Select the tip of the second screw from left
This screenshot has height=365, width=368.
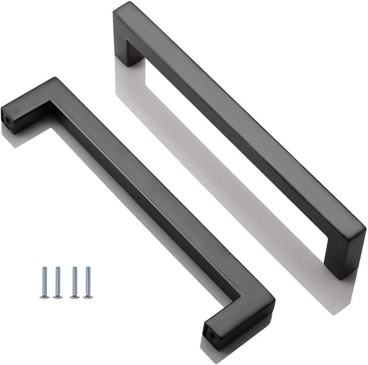pyautogui.click(x=58, y=268)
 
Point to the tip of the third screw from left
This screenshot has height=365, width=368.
pyautogui.click(x=74, y=268)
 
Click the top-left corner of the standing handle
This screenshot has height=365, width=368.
pyautogui.click(x=119, y=6)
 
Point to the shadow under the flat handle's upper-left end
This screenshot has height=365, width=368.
pyautogui.click(x=12, y=137)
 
